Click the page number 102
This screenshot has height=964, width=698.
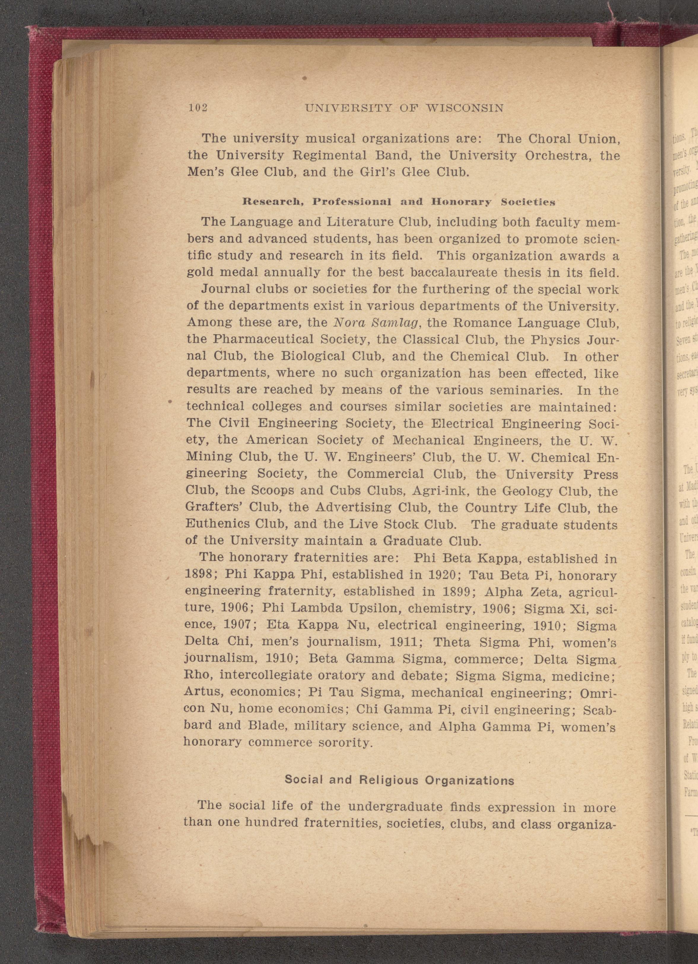pos(198,108)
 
